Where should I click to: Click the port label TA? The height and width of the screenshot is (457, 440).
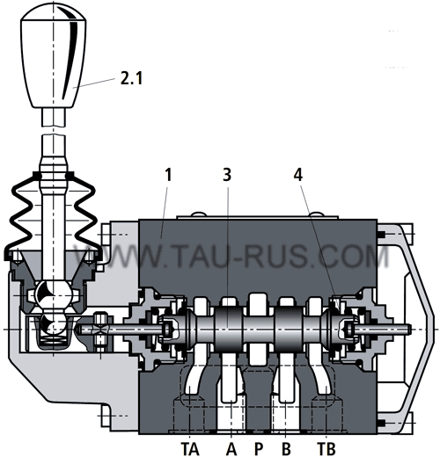pyautogui.click(x=190, y=448)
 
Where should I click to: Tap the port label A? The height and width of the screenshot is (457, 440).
pyautogui.click(x=231, y=448)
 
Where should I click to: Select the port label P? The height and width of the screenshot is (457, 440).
pyautogui.click(x=259, y=448)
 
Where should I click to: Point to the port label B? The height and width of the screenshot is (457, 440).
pyautogui.click(x=286, y=448)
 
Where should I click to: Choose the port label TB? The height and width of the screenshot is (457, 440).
pyautogui.click(x=326, y=448)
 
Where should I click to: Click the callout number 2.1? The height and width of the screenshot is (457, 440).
pyautogui.click(x=131, y=78)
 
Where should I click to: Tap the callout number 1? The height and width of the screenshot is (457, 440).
pyautogui.click(x=168, y=175)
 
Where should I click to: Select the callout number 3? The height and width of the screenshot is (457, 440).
pyautogui.click(x=227, y=175)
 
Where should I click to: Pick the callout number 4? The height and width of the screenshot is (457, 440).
pyautogui.click(x=298, y=175)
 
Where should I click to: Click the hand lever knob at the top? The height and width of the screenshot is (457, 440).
pyautogui.click(x=53, y=55)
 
